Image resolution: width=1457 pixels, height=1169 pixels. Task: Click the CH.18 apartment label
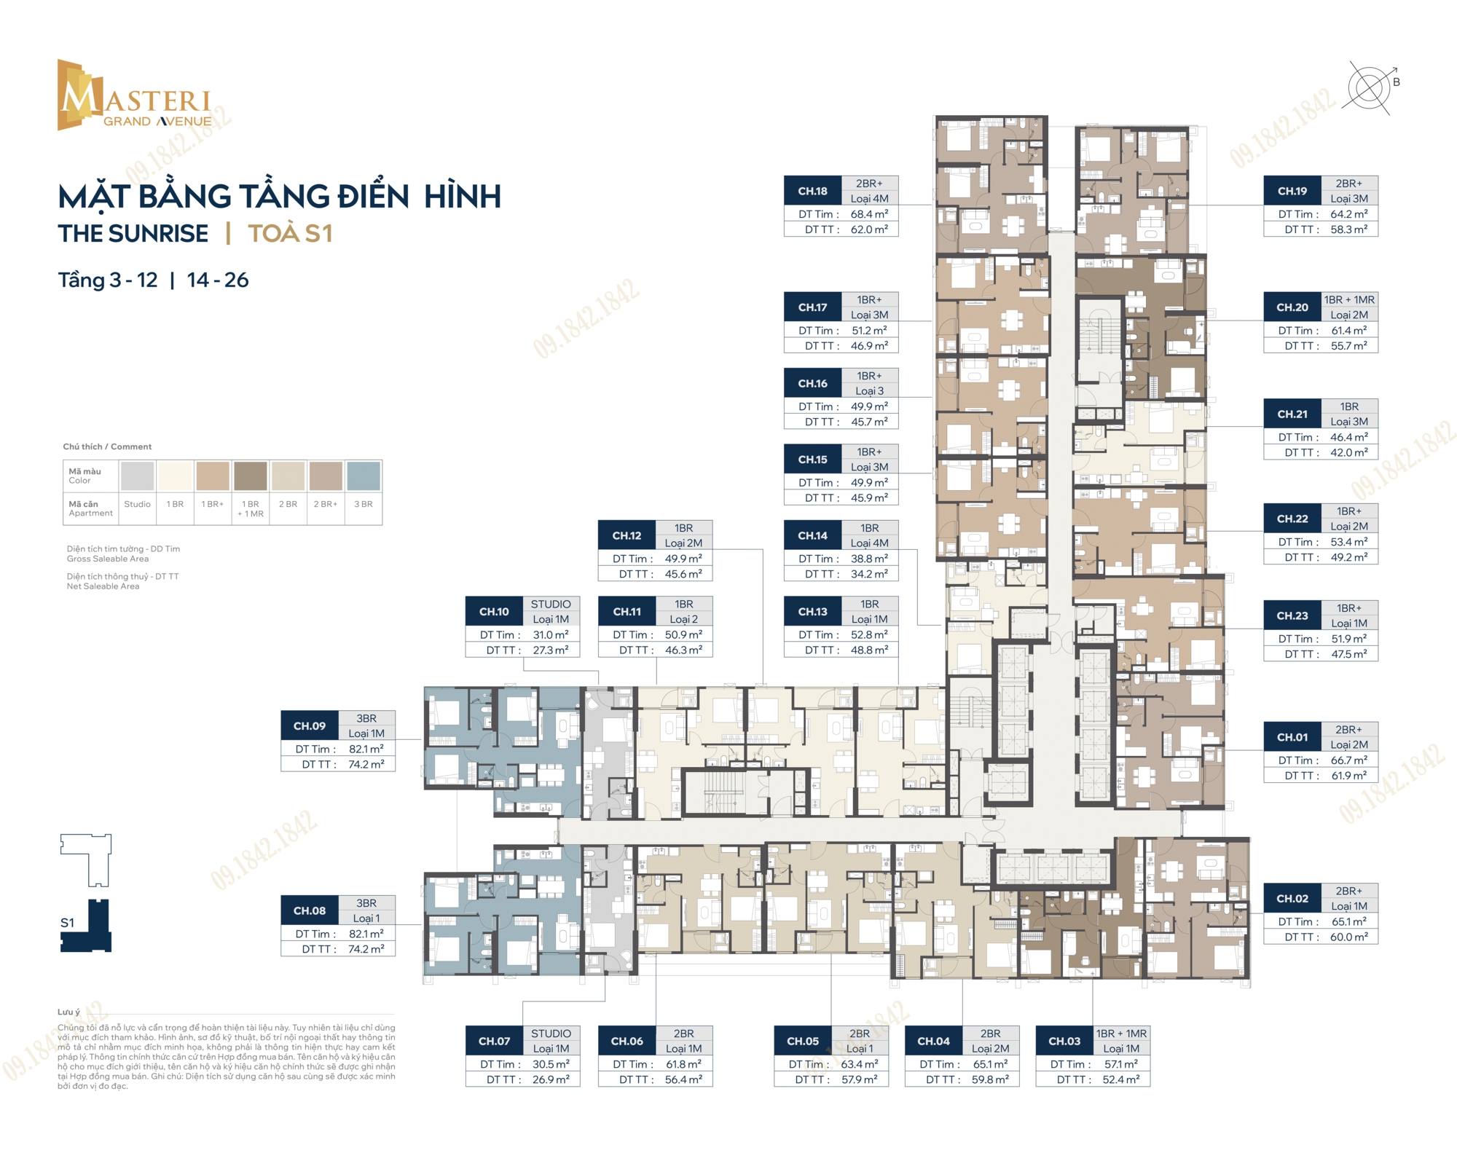tap(812, 191)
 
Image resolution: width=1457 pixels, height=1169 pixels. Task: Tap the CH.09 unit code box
tap(310, 725)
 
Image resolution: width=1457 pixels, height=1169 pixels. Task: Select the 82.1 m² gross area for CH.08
tap(366, 934)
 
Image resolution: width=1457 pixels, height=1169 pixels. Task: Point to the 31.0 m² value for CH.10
tap(551, 634)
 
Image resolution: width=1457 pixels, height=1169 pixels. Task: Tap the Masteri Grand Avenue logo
tap(135, 95)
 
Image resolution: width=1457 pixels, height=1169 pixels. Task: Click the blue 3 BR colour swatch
tap(363, 476)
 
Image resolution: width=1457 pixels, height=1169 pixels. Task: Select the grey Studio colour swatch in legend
tap(137, 476)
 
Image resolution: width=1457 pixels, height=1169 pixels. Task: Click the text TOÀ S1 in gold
tap(290, 233)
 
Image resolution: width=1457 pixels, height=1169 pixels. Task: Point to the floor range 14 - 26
tap(218, 280)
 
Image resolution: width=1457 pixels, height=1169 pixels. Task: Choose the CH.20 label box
tap(1292, 307)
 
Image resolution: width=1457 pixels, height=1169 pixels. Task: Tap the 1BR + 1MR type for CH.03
tap(1121, 1034)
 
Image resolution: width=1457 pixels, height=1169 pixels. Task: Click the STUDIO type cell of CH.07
tap(551, 1034)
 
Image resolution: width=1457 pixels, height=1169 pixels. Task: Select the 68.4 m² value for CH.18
tap(869, 214)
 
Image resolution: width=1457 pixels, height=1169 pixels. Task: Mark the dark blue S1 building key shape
tap(86, 926)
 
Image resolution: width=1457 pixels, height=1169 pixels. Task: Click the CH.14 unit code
tap(812, 535)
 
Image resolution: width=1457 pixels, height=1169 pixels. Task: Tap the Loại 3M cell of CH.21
tap(1349, 422)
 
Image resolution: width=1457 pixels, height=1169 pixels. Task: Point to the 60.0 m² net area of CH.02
tap(1349, 937)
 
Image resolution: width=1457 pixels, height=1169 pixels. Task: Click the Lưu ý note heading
tap(69, 1012)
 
